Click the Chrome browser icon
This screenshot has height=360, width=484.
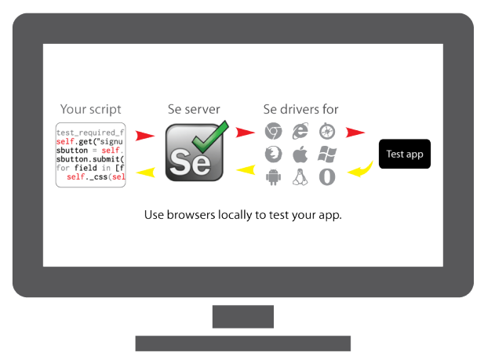coord(273,132)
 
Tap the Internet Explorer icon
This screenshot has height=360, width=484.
coord(300,132)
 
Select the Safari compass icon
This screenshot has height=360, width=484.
coord(327,132)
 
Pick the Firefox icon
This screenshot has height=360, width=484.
coord(273,155)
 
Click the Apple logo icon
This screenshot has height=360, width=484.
coord(300,155)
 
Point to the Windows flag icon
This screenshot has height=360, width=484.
coord(327,155)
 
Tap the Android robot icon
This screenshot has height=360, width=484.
coord(273,177)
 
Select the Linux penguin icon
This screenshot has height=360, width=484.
coord(300,177)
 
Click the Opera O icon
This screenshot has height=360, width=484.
coord(327,177)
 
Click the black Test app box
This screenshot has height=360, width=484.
coord(405,154)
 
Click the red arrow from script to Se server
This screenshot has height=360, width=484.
coord(144,136)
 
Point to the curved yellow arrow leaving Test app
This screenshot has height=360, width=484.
coord(360,169)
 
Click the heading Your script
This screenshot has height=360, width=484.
coord(91,109)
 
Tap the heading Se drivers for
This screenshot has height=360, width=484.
coord(300,109)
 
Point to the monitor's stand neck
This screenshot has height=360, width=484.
coord(242,316)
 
